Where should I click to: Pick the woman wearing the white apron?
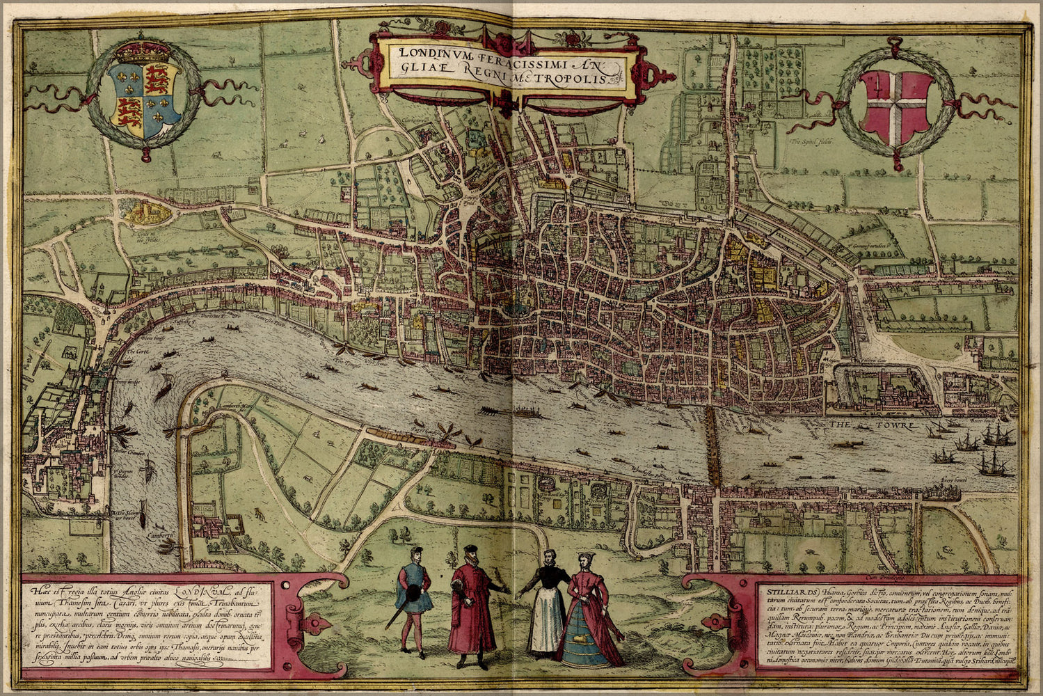click(546, 606)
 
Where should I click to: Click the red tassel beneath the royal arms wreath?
click(145, 152)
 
